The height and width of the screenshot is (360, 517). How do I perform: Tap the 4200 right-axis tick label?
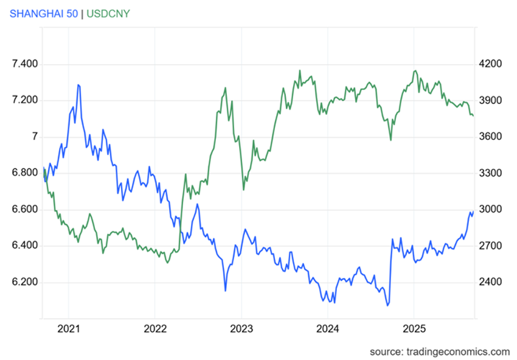point(490,64)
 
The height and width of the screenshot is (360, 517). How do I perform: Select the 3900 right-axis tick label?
point(490,100)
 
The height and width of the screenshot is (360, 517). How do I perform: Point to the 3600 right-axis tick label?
point(490,137)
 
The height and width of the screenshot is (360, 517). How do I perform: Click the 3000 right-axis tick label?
point(490,210)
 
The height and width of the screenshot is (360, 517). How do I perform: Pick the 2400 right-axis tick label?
point(490,282)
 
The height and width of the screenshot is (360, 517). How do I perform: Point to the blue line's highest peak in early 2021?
point(78,85)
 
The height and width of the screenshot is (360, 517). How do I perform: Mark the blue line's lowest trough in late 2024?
point(387,305)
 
